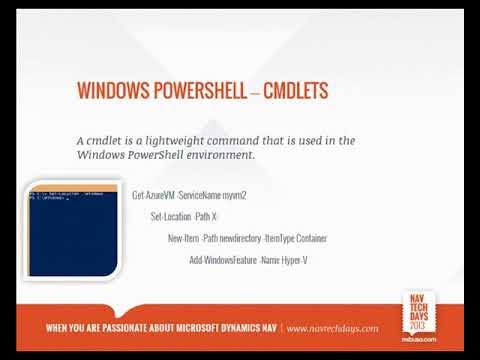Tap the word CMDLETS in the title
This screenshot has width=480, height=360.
point(295,92)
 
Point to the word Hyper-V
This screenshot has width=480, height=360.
point(290,260)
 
